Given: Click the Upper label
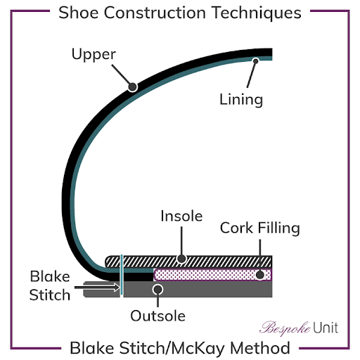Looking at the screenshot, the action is click(x=94, y=54).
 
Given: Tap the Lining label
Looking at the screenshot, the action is click(x=241, y=100).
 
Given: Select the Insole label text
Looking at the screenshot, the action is click(x=181, y=216).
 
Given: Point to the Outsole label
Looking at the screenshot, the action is click(x=157, y=316).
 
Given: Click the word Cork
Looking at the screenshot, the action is click(x=236, y=228).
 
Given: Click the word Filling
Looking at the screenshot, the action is click(x=278, y=228).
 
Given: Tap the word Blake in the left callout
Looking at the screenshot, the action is click(x=50, y=276).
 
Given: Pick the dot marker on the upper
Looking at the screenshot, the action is click(x=133, y=87).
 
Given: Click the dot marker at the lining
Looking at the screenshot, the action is click(x=255, y=61).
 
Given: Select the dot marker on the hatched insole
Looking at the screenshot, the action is click(x=181, y=259).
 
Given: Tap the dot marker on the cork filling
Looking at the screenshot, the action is click(x=260, y=275).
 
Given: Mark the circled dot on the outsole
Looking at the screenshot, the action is click(x=157, y=290).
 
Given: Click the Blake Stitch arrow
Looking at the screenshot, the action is click(x=97, y=288).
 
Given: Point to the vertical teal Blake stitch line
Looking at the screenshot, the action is click(x=122, y=274).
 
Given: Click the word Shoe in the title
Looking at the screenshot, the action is click(x=79, y=13).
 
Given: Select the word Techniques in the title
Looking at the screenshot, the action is click(x=257, y=13).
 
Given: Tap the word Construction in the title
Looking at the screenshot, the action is click(x=155, y=13).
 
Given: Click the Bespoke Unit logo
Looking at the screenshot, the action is click(x=299, y=328).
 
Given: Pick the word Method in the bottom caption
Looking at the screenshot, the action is click(x=260, y=348).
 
